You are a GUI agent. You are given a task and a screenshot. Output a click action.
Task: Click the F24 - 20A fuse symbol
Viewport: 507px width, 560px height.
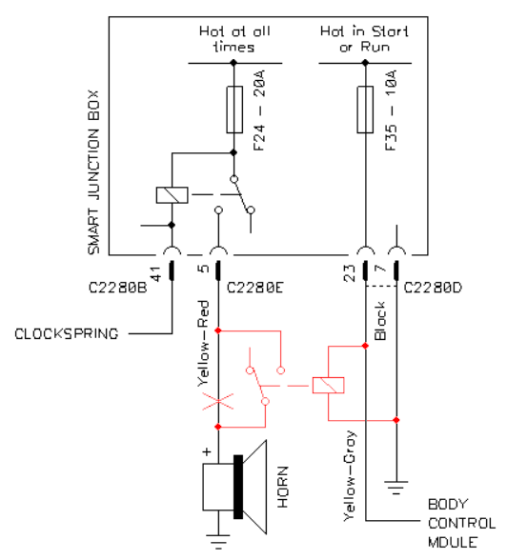pos(234,110)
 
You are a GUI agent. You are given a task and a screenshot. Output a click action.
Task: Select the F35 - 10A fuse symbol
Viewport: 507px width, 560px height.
pos(365,110)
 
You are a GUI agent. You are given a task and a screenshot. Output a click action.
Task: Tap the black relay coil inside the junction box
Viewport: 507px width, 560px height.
pos(172,195)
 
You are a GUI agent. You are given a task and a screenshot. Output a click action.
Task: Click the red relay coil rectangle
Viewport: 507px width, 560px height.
pos(329,386)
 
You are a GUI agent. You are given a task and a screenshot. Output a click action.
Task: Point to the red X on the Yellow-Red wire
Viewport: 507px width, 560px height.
pos(218,402)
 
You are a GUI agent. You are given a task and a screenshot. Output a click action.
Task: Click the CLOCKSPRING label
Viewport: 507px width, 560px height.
pos(67,334)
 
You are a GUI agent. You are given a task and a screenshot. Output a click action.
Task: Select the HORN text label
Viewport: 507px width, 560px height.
pos(283,487)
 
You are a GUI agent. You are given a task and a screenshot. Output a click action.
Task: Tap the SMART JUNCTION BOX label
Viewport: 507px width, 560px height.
pos(93,172)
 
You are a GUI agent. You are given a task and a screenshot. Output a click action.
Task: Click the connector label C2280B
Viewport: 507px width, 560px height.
pos(117,288)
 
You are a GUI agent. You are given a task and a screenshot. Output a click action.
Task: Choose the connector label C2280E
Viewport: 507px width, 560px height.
pos(255,288)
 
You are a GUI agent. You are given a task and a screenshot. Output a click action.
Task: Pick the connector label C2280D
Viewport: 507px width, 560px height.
pos(433,288)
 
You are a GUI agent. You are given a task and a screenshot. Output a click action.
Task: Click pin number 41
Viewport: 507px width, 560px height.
pos(155,274)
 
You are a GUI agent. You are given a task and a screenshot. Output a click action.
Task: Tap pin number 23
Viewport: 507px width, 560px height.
pos(349,273)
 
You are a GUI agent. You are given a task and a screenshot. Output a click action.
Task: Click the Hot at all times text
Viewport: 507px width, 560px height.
pos(234,39)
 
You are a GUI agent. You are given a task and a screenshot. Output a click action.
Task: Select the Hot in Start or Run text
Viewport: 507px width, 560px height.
pos(364,39)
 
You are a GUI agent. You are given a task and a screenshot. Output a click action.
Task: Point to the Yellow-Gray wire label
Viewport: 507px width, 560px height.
pos(350,476)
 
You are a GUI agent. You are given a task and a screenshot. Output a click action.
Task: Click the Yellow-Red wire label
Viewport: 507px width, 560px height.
pos(203,344)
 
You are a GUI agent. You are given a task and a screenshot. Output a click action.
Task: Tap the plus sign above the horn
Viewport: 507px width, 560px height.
pos(207,451)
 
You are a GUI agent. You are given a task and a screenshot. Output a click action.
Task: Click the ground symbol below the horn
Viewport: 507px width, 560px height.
pos(218,541)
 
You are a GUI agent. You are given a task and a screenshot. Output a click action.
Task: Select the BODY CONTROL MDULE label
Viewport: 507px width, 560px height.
pos(461,524)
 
